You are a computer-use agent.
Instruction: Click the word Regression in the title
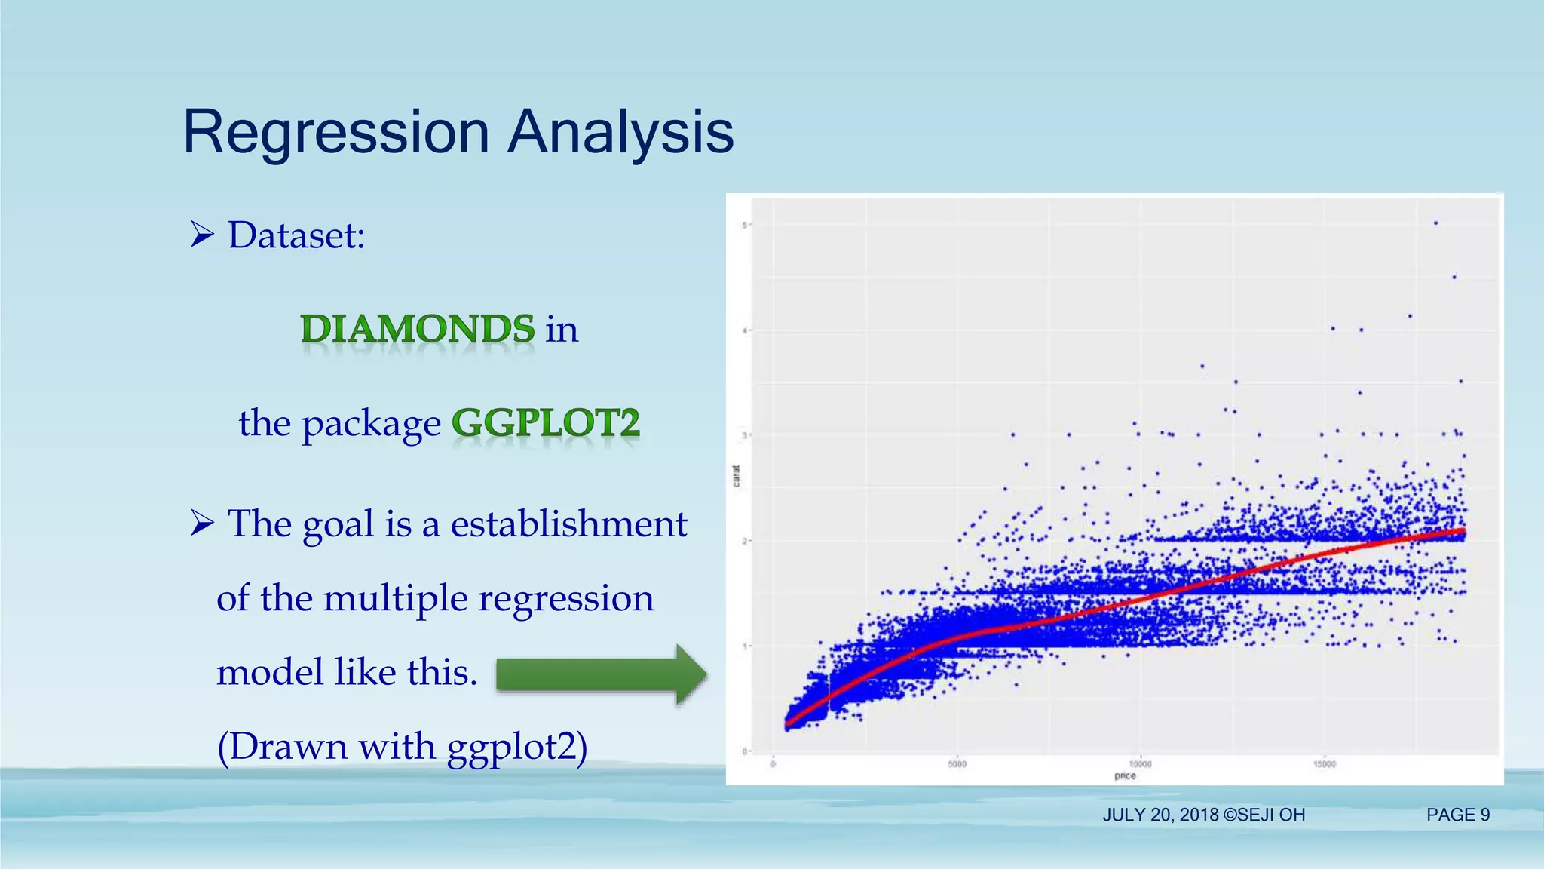click(x=336, y=133)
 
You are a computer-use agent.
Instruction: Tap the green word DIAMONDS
click(x=418, y=329)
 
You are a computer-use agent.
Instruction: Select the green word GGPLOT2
click(x=546, y=422)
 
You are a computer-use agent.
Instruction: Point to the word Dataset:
click(x=297, y=235)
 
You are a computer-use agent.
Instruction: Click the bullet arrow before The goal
click(x=202, y=523)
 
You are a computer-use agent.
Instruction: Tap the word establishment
click(x=568, y=524)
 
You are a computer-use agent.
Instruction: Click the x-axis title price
click(x=1125, y=775)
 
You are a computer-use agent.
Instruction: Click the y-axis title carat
click(x=737, y=475)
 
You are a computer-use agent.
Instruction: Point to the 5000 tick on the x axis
click(x=957, y=764)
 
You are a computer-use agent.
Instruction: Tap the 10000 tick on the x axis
click(x=1140, y=764)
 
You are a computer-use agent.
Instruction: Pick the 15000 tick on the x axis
click(x=1325, y=764)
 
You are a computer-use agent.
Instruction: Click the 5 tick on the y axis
click(x=743, y=225)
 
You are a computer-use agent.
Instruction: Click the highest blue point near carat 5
click(x=1435, y=223)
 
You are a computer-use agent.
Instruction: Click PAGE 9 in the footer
click(x=1458, y=815)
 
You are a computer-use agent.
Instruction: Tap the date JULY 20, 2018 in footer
click(x=1161, y=815)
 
